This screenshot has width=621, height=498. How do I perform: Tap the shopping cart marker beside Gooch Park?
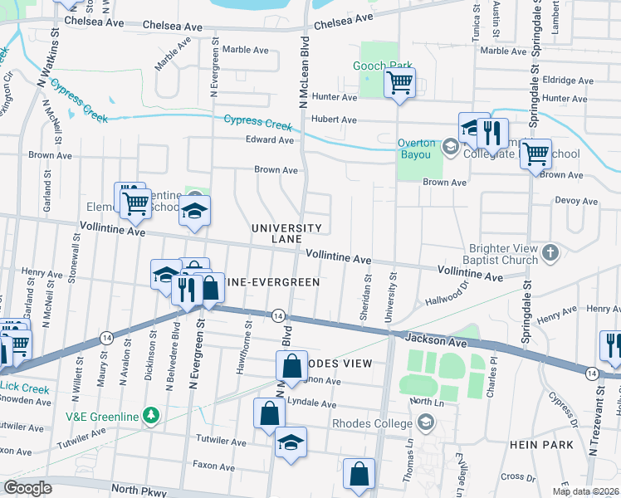coord(399,83)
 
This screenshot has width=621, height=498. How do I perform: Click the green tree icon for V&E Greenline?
coord(150,413)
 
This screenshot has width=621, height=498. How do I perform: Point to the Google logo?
coord(27,487)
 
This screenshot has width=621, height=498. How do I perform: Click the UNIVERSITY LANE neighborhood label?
coord(286,233)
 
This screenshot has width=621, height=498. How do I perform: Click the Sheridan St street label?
coord(366,287)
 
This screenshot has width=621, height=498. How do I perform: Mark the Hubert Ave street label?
coord(334,120)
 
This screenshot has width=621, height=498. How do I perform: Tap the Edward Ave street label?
coord(269,140)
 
